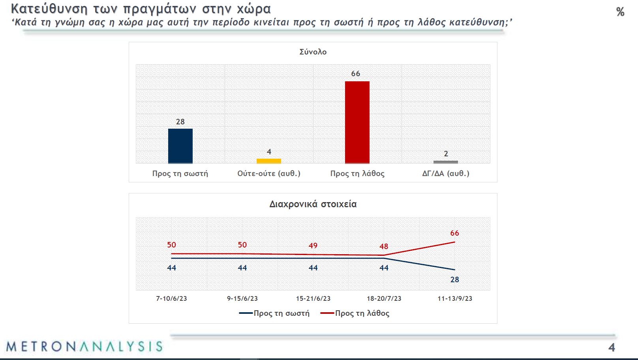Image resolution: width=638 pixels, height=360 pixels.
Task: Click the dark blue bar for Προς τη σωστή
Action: coord(180,146)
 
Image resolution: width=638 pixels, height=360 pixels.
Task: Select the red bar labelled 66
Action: coord(357,122)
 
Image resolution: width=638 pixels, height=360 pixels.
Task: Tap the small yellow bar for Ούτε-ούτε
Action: coord(269,161)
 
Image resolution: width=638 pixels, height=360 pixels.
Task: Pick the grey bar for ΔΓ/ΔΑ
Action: coord(446,162)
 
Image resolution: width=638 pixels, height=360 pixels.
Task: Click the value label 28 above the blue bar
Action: coord(180,122)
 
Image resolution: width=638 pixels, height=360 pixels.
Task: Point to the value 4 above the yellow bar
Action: coord(269,152)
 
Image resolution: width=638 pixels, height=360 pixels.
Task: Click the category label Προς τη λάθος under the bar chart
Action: coord(357,173)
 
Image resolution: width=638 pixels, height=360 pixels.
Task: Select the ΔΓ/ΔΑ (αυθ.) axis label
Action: coord(446,173)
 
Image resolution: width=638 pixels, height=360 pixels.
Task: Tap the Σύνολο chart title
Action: coord(313,52)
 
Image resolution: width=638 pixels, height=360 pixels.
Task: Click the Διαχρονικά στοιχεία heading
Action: coord(313,204)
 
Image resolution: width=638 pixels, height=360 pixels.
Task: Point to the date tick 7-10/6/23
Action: coord(171,298)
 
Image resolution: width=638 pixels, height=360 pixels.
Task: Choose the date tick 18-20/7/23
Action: coord(384,298)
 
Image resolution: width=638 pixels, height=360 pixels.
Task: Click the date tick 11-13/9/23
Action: coord(455,298)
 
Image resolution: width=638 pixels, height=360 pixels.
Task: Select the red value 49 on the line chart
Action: coord(313,246)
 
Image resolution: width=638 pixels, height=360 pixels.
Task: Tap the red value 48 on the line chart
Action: coord(384,246)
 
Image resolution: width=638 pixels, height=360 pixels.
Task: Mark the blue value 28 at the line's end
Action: coord(455,279)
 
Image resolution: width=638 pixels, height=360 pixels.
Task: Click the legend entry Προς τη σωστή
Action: coord(281,313)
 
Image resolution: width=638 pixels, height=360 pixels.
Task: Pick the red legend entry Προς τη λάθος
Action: coord(362,313)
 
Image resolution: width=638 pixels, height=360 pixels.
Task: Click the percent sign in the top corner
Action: coord(620,12)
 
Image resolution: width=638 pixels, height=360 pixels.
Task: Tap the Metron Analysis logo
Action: coord(84,346)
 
